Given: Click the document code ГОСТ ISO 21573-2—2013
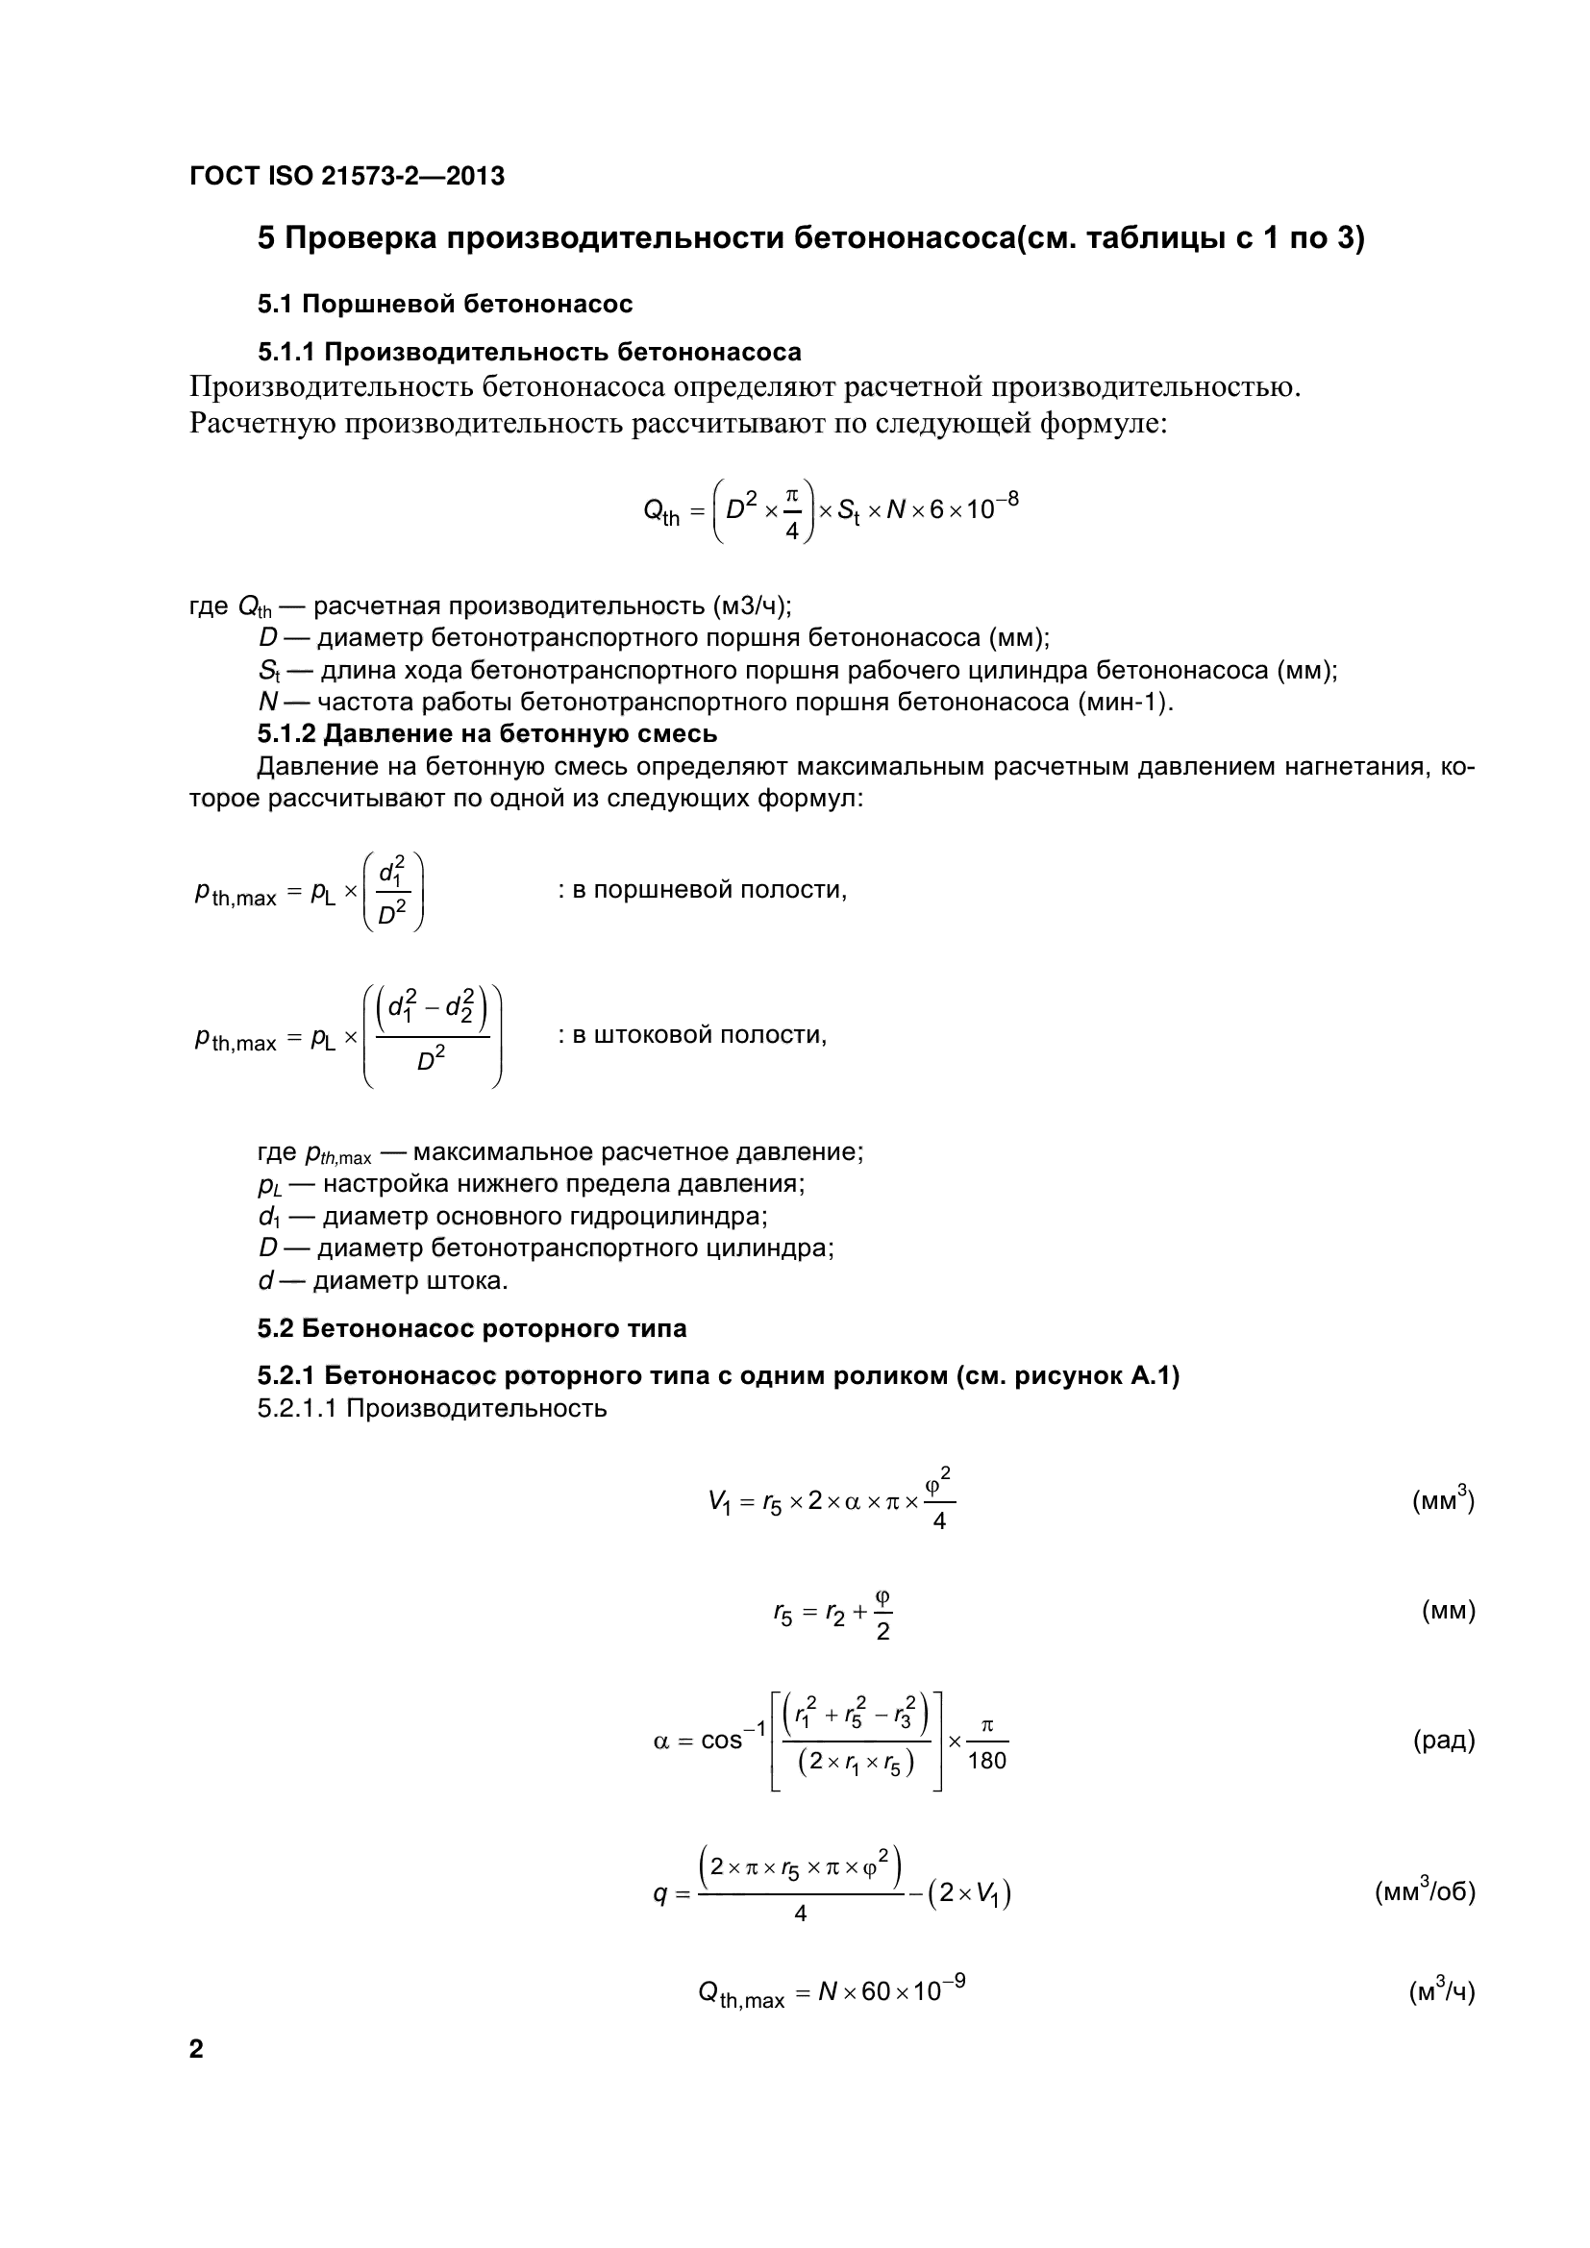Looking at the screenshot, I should pos(347,176).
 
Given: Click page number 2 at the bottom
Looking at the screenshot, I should pos(196,2049).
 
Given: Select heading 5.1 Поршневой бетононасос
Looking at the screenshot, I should pos(444,304).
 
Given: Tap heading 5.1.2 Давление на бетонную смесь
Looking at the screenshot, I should pos(486,733).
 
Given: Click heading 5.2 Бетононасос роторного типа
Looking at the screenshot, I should pos(472,1328).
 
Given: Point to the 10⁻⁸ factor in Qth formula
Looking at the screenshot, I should pos(992,506).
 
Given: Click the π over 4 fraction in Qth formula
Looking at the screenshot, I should pos(792,511).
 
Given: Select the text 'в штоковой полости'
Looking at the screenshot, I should pos(698,1035).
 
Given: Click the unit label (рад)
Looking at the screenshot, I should pos(1443,1740).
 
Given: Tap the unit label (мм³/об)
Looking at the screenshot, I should pos(1425,1890).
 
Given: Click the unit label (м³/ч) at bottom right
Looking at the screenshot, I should pos(1441,1991).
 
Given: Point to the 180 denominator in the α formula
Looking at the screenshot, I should pos(986,1762).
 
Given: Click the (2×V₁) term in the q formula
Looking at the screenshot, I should pos(970,1893).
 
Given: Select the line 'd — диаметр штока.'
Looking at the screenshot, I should pos(383,1280).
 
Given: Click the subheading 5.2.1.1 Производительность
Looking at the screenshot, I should pos(432,1409).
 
